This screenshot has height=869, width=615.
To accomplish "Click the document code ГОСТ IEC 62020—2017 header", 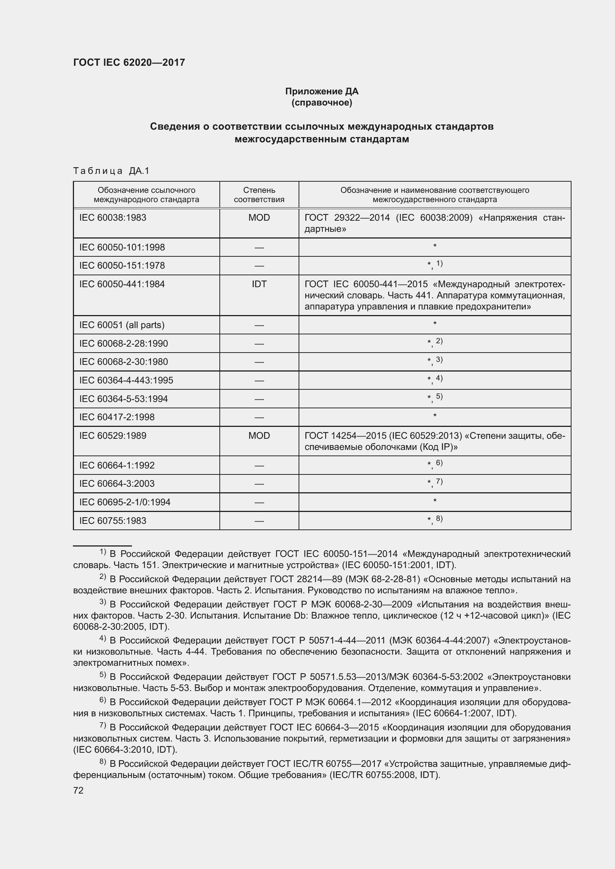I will (x=129, y=62).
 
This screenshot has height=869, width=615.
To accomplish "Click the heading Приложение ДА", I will (x=322, y=91).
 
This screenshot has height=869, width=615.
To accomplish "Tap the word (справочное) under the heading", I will (x=322, y=103).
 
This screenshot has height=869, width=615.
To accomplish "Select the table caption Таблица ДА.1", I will (x=112, y=171).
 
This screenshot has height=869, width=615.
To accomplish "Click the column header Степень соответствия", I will (x=259, y=195).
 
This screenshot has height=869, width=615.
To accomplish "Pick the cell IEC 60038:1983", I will (x=113, y=218).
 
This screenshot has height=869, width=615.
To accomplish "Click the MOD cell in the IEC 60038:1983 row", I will (x=259, y=218).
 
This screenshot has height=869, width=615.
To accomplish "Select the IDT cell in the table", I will (x=259, y=284).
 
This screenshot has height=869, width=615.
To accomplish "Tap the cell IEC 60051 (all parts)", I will (x=122, y=325).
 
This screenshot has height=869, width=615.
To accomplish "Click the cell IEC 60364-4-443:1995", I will (x=126, y=380).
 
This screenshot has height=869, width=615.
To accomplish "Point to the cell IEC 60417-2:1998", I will (x=117, y=417).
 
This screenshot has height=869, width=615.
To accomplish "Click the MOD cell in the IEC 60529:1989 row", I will (x=259, y=436).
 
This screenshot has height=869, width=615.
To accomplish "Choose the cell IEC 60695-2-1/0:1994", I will (x=125, y=502).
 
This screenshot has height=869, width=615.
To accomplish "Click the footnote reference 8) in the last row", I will (x=439, y=519).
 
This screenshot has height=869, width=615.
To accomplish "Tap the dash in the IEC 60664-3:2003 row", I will (x=259, y=484).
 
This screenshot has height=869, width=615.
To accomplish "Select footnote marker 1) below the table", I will (x=103, y=552).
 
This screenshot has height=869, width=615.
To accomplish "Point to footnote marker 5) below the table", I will (x=103, y=674).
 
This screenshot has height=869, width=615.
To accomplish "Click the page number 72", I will (x=78, y=790).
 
